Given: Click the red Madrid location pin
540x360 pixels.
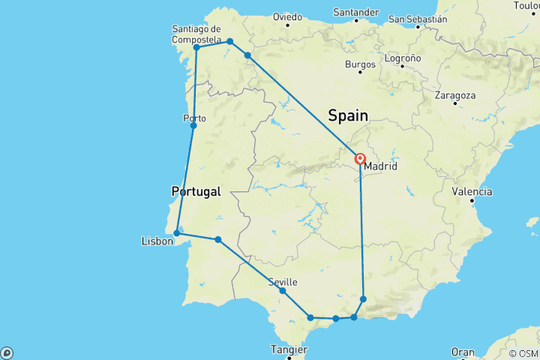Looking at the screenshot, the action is [360, 159].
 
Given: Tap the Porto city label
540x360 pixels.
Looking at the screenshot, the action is [194, 118].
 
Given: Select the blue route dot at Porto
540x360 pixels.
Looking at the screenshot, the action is [193, 125].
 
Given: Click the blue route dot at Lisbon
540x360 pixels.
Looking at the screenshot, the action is [176, 232].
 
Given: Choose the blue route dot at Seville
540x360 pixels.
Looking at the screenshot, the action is [282, 290].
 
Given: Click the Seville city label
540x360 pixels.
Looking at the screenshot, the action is [283, 282].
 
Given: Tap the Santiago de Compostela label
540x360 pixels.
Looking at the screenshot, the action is [196, 34].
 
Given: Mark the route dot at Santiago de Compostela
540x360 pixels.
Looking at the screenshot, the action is [196, 47].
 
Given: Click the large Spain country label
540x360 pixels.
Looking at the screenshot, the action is [348, 115].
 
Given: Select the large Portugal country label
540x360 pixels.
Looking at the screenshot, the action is [196, 191].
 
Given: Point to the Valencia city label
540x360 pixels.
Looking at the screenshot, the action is [472, 191].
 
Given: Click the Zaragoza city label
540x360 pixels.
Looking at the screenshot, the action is [454, 95].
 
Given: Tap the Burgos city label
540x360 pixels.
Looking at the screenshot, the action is [360, 64].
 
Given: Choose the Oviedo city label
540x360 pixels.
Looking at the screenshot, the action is [287, 16].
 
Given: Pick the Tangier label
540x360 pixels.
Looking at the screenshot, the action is [289, 349].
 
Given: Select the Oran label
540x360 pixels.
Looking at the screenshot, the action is [463, 352].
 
